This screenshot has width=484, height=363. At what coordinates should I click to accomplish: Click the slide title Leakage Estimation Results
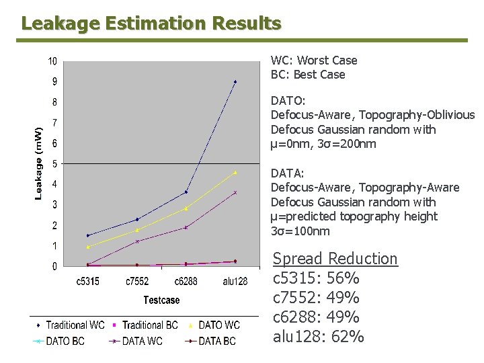[151, 24]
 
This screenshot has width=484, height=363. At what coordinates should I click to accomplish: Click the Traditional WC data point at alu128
[235, 82]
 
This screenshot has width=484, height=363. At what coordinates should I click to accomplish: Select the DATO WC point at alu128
[235, 173]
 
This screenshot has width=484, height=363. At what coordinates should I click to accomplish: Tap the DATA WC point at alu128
[235, 192]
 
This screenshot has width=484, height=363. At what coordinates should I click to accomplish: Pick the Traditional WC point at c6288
[186, 192]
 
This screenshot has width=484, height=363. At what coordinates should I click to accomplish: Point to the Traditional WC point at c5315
[88, 235]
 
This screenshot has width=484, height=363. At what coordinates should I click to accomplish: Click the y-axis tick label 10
[52, 62]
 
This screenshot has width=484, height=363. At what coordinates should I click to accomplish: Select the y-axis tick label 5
[54, 164]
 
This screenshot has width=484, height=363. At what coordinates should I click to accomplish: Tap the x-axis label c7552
[137, 282]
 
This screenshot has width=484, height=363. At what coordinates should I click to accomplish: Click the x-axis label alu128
[235, 282]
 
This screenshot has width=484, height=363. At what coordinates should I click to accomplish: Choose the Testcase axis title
[161, 300]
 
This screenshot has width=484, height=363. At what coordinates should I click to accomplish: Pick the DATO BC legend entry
[60, 341]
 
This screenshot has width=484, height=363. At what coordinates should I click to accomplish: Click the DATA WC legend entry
[137, 341]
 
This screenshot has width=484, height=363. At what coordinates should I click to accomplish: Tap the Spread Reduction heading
[335, 259]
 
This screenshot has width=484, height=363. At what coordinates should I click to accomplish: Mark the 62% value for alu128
[348, 336]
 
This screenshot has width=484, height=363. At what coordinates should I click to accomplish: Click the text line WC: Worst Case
[314, 61]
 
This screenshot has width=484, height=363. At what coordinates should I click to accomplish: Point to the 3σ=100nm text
[300, 231]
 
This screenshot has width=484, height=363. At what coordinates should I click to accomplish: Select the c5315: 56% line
[316, 278]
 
